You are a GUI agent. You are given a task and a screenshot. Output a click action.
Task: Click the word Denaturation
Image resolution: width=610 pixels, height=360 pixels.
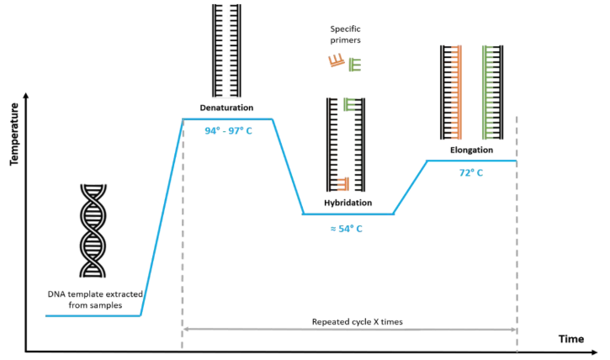click(226, 109)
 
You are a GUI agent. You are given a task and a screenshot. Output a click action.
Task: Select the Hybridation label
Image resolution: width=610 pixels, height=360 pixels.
click(348, 204)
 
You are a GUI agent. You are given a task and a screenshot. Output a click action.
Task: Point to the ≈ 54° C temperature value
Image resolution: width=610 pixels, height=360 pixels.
click(348, 228)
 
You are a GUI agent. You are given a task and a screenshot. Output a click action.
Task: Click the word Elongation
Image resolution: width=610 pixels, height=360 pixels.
click(470, 150)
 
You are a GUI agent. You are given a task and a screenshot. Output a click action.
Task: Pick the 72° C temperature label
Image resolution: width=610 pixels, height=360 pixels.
click(470, 172)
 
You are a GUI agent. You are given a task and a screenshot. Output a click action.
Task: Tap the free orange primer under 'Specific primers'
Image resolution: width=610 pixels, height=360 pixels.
click(337, 61)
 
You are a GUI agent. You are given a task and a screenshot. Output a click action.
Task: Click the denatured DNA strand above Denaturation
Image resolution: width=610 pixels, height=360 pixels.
click(226, 50)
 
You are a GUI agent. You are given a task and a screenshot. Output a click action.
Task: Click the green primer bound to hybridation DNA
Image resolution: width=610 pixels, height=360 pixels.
click(351, 105)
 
